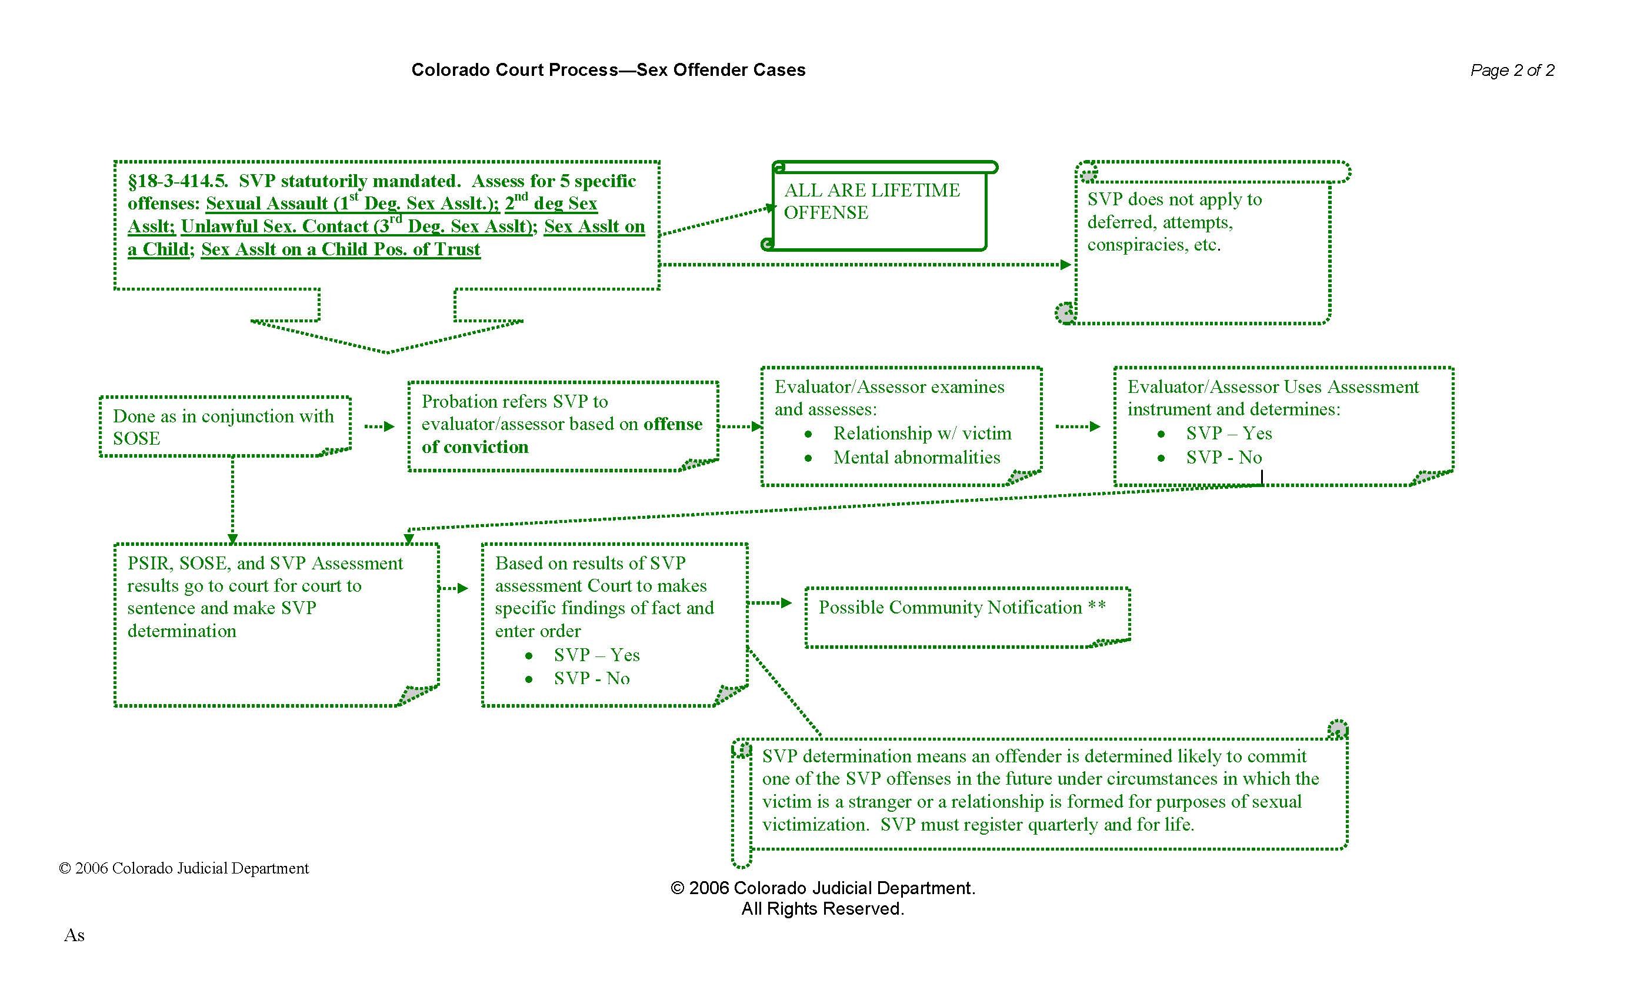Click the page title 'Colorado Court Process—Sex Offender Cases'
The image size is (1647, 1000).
tap(608, 70)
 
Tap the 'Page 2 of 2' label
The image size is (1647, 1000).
tap(1512, 70)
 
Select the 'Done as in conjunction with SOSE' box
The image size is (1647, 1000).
tap(224, 427)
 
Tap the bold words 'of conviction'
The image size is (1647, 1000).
tap(475, 446)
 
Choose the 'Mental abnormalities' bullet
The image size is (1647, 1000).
tap(916, 458)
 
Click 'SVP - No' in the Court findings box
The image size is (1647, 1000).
tap(592, 678)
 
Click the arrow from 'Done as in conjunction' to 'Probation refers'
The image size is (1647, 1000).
tap(379, 426)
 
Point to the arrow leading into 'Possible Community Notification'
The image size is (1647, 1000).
tap(769, 603)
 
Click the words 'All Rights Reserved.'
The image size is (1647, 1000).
tap(822, 909)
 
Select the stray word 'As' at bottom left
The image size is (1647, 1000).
tap(74, 935)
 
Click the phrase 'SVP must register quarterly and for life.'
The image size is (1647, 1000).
tap(1036, 825)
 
